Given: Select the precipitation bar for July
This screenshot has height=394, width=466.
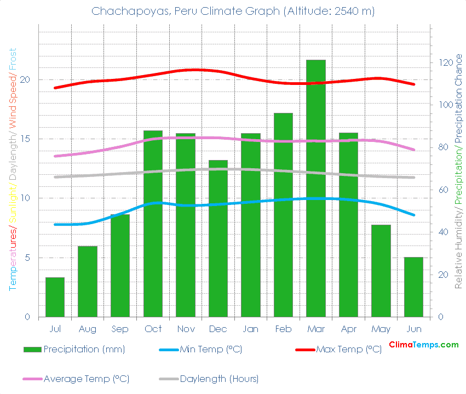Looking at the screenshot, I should [55, 297].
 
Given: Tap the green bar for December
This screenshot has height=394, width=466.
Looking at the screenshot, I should [218, 238].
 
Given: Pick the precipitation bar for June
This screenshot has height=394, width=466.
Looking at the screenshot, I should [414, 287].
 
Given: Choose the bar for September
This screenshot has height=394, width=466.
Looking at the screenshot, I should [120, 265].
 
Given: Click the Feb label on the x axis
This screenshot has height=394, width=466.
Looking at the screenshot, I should [283, 329].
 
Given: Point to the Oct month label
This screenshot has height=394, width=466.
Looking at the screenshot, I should [153, 329].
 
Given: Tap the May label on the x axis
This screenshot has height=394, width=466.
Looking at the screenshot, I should [381, 329].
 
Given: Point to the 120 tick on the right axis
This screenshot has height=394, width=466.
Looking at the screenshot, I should [444, 62].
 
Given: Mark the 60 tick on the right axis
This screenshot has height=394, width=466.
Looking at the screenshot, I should [441, 190].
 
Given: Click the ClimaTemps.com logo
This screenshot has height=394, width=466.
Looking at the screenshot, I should [423, 345].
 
